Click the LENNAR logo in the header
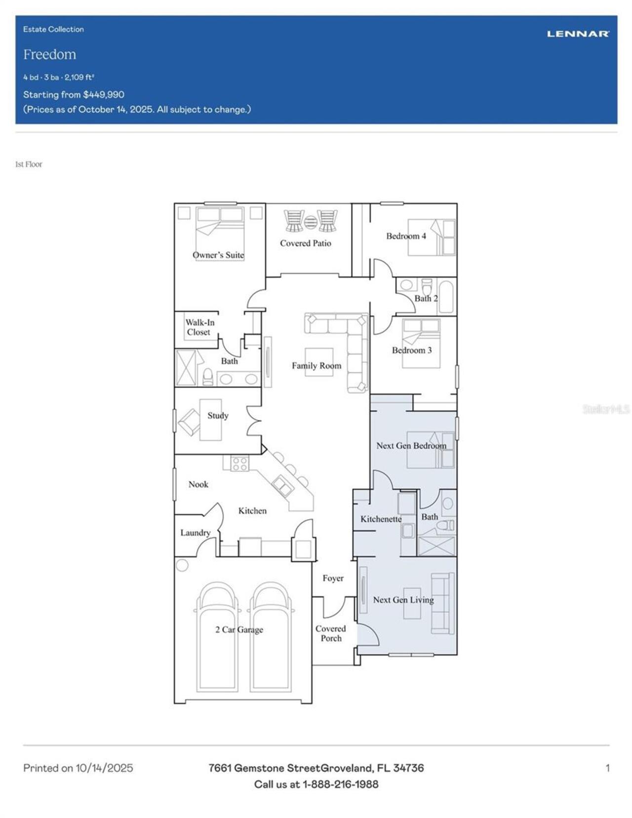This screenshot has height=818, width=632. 578,34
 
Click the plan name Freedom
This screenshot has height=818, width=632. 50,54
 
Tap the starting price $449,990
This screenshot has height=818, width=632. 103,94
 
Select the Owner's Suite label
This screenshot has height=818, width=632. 218,255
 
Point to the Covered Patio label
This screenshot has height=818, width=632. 305,243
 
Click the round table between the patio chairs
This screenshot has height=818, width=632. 310,222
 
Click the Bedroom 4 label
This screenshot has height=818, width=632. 406,236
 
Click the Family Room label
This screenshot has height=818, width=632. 316,365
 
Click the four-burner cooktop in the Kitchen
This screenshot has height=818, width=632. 240,464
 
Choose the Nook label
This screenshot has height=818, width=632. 198,484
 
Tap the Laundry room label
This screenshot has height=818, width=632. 195,533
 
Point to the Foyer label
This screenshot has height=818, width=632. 333,578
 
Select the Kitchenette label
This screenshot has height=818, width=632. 381,519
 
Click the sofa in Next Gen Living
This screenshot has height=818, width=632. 443,603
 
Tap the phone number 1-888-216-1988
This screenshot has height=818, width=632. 340,784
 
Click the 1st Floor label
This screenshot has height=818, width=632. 29,164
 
